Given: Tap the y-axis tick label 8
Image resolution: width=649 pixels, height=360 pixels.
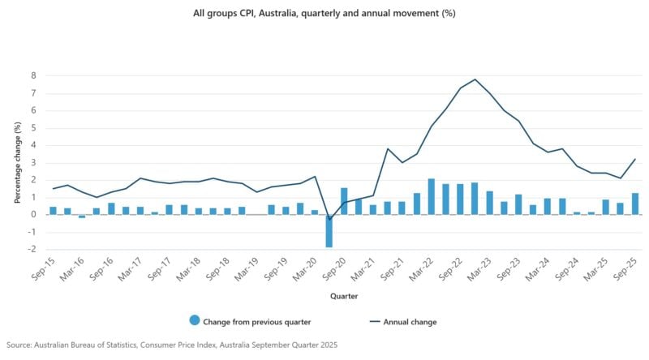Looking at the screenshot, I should point(34,75).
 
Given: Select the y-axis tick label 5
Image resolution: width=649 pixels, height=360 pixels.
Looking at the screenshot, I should point(34,127).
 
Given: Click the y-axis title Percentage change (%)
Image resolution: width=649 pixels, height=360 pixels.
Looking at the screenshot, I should point(17,162).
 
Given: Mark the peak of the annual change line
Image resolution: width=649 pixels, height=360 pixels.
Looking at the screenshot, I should point(475,79).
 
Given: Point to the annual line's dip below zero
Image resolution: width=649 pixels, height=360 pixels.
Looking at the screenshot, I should point(329,219).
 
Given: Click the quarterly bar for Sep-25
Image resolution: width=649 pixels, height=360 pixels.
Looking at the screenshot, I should point(634,204).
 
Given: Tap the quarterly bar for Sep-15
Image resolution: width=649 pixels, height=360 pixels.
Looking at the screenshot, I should point(54,211).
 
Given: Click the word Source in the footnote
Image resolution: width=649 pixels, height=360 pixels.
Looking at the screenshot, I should point(19,345).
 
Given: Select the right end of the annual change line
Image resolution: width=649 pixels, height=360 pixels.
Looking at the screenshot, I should point(634,159).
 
